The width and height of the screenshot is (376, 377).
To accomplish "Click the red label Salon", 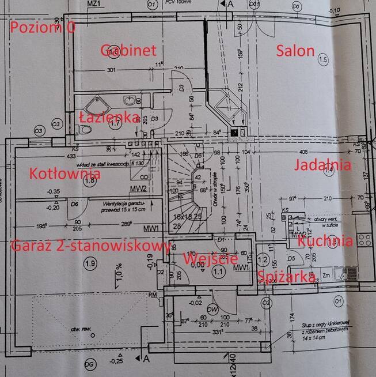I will [295, 51].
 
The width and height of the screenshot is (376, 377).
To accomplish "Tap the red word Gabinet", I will [128, 50].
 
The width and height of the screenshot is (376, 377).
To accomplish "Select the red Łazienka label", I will [109, 118].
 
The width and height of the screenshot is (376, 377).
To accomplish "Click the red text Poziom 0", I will [43, 28].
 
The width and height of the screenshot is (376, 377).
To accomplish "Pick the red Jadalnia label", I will [322, 165].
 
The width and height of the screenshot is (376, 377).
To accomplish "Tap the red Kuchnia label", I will [326, 241].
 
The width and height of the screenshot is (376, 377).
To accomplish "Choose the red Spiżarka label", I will [286, 277].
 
